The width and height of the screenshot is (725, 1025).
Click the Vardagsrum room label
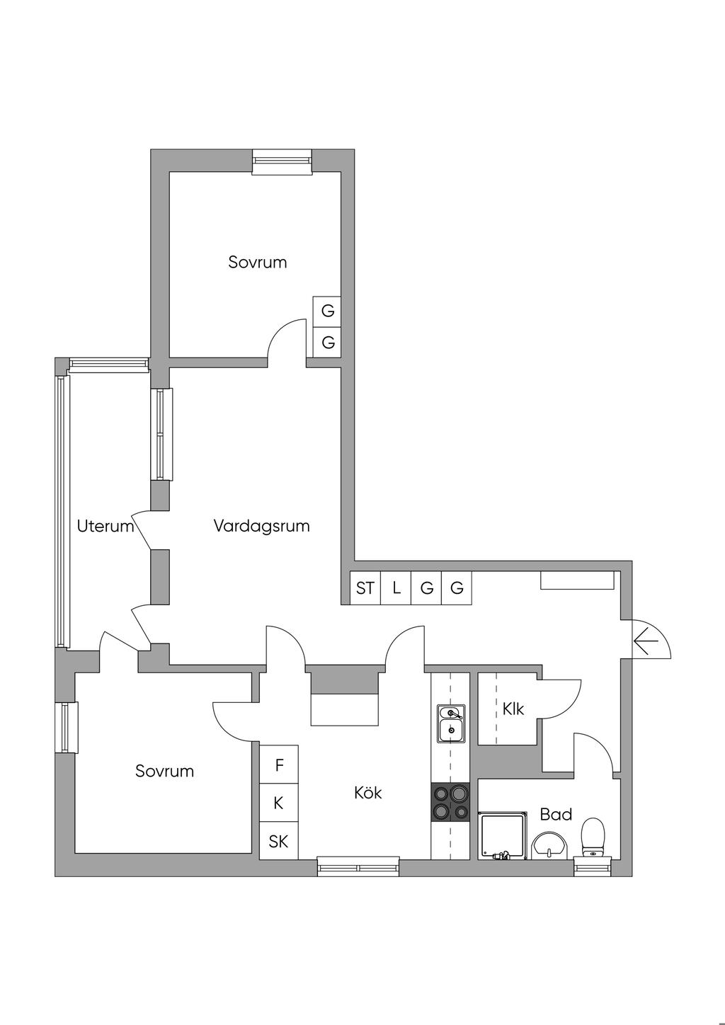click(x=261, y=526)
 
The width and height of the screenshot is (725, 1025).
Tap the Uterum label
click(x=105, y=526)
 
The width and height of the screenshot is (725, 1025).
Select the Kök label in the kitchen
click(x=367, y=793)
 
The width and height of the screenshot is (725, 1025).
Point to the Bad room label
click(x=556, y=814)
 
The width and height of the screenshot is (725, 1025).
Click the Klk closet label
click(x=513, y=709)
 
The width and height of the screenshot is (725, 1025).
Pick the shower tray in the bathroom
click(x=503, y=836)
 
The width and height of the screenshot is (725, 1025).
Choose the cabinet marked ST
click(x=365, y=588)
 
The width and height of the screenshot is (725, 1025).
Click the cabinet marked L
click(x=396, y=588)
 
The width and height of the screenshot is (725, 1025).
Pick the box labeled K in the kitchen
click(x=279, y=803)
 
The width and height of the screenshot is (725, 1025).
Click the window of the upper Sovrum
click(x=282, y=161)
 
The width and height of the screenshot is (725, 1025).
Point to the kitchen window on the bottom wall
click(x=358, y=867)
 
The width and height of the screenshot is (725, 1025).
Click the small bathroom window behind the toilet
click(x=593, y=868)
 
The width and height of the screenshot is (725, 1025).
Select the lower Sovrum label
click(x=164, y=772)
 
